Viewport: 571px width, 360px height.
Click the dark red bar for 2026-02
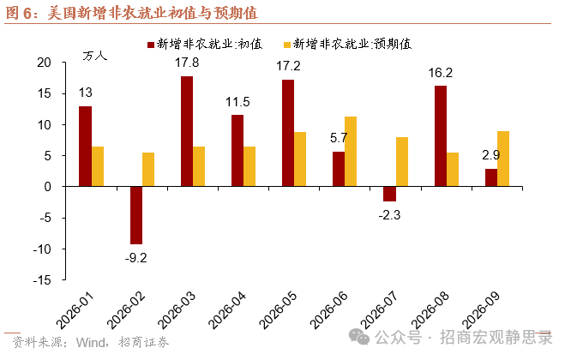(136, 215)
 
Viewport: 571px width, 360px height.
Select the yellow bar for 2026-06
(351, 152)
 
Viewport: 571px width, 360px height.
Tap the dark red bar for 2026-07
(389, 194)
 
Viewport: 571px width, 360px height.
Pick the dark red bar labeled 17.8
(187, 131)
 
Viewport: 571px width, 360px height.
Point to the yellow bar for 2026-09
(503, 159)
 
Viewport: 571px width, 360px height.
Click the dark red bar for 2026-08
(441, 136)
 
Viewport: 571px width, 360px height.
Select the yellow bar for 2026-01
(98, 166)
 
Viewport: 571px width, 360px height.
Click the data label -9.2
(135, 258)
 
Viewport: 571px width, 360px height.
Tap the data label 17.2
(288, 66)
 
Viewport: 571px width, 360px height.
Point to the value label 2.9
(491, 155)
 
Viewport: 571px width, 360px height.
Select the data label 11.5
(237, 102)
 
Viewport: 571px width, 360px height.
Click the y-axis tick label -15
(42, 280)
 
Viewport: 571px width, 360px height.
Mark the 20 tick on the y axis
(44, 63)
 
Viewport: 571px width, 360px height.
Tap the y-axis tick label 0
(48, 187)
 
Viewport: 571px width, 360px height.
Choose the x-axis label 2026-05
(278, 309)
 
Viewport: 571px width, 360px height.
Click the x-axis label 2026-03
(177, 309)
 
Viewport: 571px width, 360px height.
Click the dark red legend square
(150, 45)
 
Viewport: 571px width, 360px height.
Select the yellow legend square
(287, 45)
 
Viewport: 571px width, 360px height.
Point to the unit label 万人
(94, 56)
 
